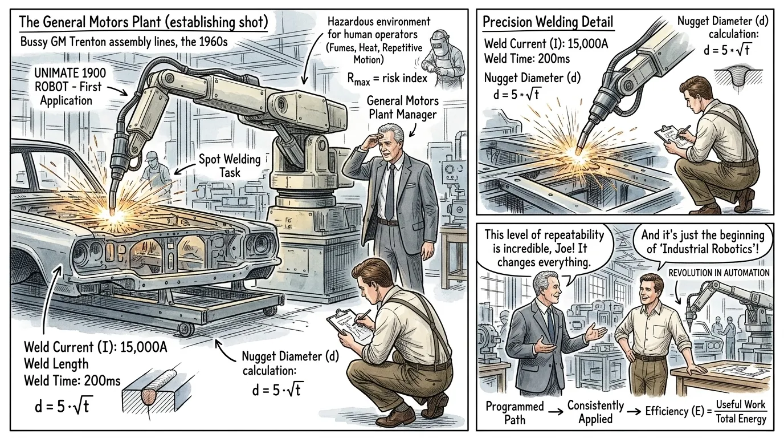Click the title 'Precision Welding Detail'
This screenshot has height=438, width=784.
tap(548, 22)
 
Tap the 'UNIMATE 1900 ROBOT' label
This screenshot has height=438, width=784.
tap(70, 79)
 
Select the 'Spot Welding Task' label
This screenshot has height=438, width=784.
tap(230, 165)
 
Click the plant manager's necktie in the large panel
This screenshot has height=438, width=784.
tap(390, 192)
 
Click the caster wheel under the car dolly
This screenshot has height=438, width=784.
tap(186, 330)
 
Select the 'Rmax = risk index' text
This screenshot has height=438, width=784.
tap(387, 78)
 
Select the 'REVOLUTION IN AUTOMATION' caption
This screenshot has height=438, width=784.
tap(719, 273)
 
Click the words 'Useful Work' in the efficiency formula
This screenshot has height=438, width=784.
tap(741, 404)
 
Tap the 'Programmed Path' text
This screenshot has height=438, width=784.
tap(514, 413)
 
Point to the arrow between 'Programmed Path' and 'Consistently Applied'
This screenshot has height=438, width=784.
tap(556, 412)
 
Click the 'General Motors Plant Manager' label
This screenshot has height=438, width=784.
tap(402, 108)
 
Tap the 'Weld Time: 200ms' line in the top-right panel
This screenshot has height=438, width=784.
tap(526, 59)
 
